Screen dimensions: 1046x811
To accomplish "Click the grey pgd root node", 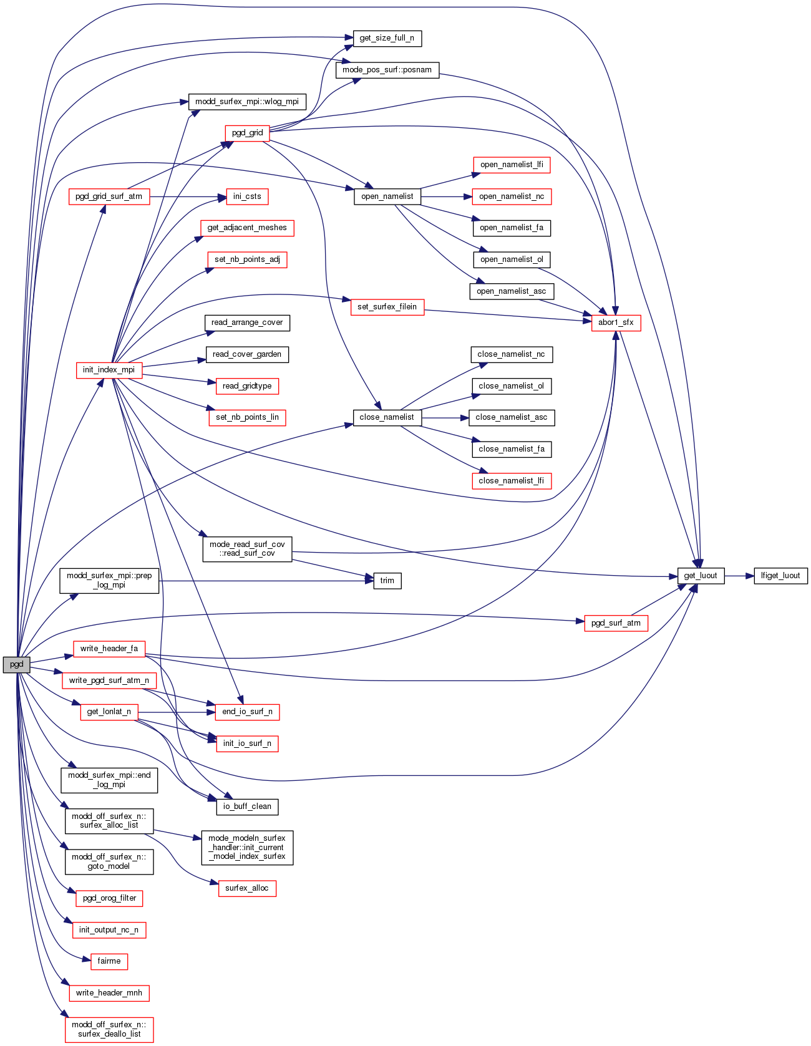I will coord(16,664).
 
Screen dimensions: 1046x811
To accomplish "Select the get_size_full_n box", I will coord(387,38).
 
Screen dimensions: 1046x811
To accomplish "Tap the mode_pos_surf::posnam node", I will coord(387,70).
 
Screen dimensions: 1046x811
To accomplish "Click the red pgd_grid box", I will coord(247,133).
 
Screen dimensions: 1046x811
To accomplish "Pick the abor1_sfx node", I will coord(616,322).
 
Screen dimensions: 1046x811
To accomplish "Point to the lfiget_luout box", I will coord(780,576).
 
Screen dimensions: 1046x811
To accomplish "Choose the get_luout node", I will coord(701,576).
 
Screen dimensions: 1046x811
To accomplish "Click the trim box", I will coord(387,581).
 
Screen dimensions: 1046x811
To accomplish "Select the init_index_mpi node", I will coord(109,370).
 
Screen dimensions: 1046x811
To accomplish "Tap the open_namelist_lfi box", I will coord(512,165).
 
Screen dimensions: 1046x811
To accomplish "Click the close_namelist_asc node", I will coord(511,417).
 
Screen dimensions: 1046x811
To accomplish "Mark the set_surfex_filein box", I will coord(387,307).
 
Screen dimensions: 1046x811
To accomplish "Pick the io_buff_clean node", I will coord(247,806).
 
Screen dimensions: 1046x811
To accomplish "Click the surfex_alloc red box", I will coord(246,888).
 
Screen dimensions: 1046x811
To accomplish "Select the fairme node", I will coord(109,961).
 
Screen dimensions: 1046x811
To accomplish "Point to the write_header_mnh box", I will coord(109,993).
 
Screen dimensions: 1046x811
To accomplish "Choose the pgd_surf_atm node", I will coord(616,623).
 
